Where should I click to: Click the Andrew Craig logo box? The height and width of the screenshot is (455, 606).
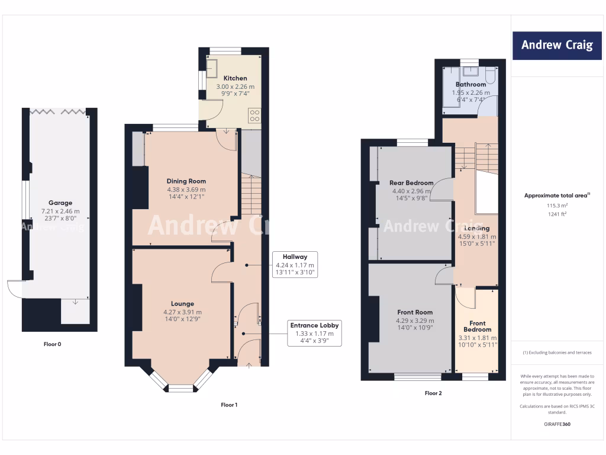pos(557,45)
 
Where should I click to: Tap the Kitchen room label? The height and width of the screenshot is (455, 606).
pos(235,78)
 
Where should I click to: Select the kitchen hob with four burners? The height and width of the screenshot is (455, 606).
pos(255,115)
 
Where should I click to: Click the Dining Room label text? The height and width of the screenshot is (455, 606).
pos(186,181)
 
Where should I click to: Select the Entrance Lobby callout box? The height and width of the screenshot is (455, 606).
pos(314,333)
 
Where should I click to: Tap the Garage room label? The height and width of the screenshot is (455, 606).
pos(61,203)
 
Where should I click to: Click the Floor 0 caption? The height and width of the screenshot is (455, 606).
pos(52,344)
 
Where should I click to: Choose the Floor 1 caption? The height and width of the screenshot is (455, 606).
pos(228,405)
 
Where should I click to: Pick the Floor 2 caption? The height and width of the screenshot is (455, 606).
pos(433,393)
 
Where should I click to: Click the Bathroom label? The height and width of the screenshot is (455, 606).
pos(471,85)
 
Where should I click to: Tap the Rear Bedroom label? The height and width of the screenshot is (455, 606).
pos(411,182)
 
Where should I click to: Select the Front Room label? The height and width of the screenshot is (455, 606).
pos(414,312)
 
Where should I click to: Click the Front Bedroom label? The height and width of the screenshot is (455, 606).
pos(477,326)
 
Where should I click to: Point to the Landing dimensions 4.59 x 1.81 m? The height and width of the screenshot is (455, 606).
pos(476,236)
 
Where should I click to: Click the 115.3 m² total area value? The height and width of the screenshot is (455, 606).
pos(557,206)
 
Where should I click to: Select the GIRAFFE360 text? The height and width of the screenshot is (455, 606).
pos(557,424)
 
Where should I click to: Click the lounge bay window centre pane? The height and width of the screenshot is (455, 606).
pos(182,389)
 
